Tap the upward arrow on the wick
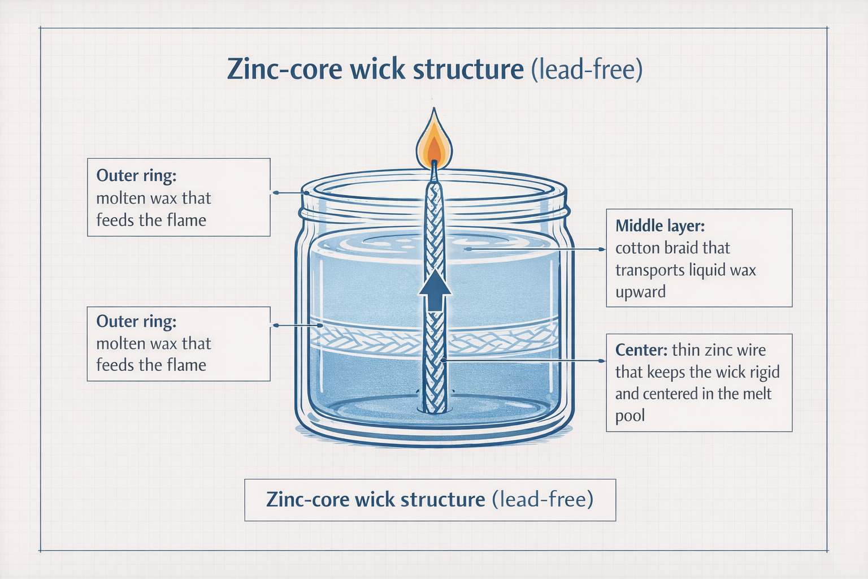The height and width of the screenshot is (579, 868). pos(435,290)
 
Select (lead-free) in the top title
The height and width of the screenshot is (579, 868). pos(587,70)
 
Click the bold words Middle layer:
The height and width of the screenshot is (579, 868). pos(659,226)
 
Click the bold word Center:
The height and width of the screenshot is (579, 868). pos(641,350)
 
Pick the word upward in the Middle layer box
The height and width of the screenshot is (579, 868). pos(640,292)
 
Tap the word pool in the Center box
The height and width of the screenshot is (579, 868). pos(630,416)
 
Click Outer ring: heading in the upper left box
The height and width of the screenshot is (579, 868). pos(136,175)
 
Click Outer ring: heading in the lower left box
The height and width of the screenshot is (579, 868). pos(136,321)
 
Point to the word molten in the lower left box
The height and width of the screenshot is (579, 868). pos(118,343)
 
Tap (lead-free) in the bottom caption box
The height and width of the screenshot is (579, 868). pos(542,500)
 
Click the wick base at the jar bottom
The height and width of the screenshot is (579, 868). pos(434,406)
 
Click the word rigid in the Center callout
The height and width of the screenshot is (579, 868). pos(764,372)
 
